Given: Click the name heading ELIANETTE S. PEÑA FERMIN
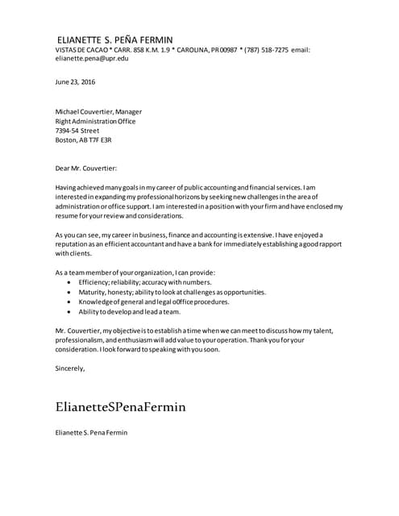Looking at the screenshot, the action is click(114, 39).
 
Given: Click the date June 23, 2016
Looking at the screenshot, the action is click(76, 82).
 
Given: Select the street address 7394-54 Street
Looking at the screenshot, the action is click(77, 130).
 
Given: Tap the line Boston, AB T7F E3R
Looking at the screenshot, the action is click(83, 139).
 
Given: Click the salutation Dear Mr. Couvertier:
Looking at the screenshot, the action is click(86, 168).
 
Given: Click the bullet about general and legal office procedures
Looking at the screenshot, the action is click(153, 302).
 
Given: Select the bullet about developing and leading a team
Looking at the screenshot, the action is click(129, 311).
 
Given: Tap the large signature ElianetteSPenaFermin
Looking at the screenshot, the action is click(120, 406).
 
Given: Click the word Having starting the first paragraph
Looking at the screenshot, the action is click(67, 187).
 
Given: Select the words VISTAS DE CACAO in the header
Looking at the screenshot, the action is click(84, 49).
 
